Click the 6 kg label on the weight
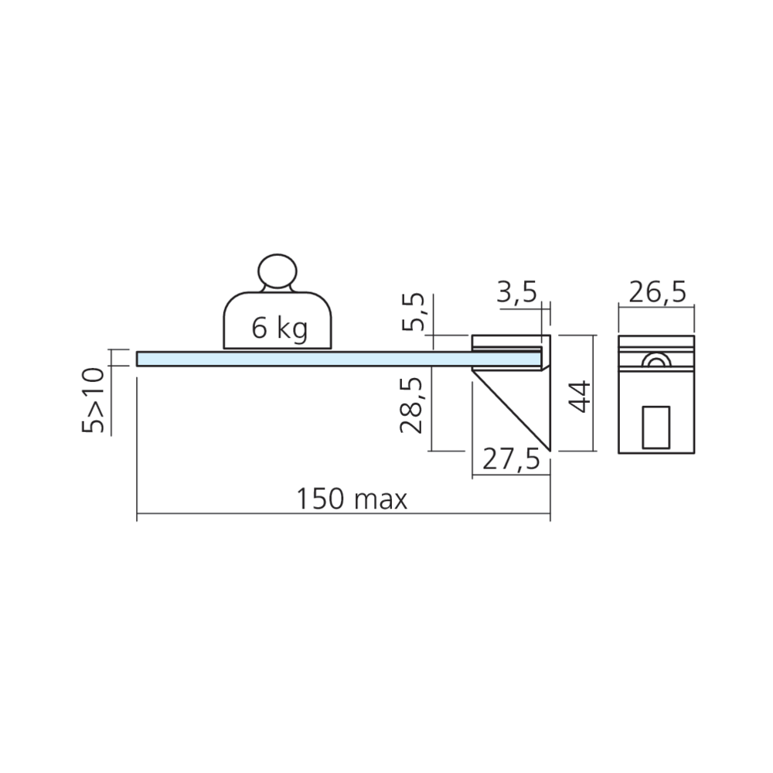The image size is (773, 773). coord(279,329)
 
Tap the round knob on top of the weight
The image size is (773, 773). coord(278,271)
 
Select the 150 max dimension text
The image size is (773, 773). coord(352,499)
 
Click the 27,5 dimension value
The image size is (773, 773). coord(511,460)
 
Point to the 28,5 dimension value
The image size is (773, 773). coord(411,406)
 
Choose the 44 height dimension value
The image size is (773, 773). coord(579,397)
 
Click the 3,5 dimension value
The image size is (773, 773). coord(516,293)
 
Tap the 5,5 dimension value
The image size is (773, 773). coord(413,312)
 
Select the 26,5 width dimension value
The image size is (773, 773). coord(657,293)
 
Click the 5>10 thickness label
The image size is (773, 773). coord(94,400)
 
